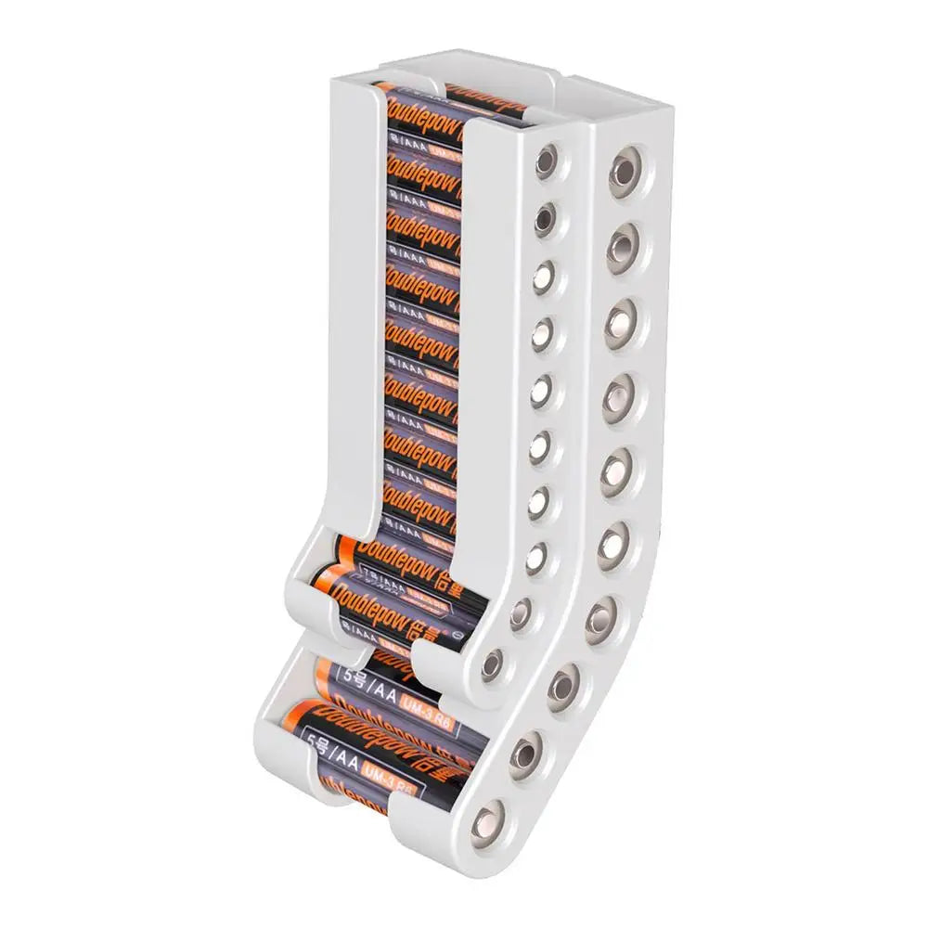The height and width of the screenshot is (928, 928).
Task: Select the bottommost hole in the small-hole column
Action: (492, 663)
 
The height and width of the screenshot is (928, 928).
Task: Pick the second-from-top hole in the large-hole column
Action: (625, 243)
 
